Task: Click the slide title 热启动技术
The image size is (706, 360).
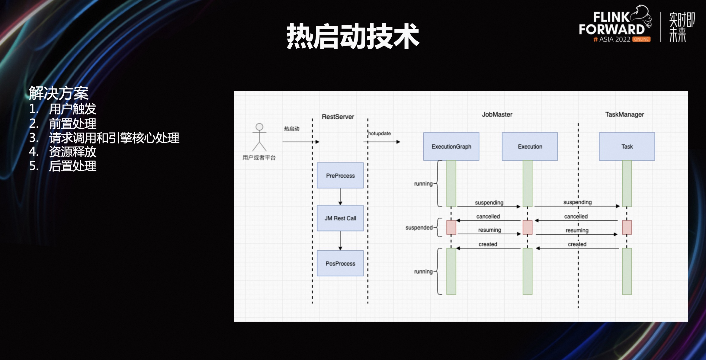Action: (x=353, y=37)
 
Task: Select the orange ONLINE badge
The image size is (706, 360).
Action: (x=641, y=39)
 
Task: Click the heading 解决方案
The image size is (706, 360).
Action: (x=59, y=93)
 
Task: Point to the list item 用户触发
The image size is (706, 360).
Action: (x=72, y=109)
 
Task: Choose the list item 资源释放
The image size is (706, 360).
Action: (x=72, y=152)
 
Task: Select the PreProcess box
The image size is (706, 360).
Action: (x=340, y=175)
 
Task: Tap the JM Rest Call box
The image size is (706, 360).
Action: (x=340, y=218)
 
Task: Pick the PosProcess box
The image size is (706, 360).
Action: (x=340, y=263)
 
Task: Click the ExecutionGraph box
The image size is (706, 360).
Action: (x=451, y=146)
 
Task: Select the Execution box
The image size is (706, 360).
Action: (x=530, y=146)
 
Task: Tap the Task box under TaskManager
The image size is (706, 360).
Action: (x=627, y=146)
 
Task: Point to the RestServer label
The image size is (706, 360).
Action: (x=338, y=117)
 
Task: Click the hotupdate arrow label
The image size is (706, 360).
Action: (x=380, y=133)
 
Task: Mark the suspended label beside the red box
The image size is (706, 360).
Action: (x=419, y=227)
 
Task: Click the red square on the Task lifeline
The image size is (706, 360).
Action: (x=627, y=227)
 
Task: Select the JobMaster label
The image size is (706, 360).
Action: (x=497, y=114)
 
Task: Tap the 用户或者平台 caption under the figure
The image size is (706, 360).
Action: (x=259, y=158)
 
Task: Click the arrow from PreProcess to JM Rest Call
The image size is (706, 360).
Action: (x=340, y=197)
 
